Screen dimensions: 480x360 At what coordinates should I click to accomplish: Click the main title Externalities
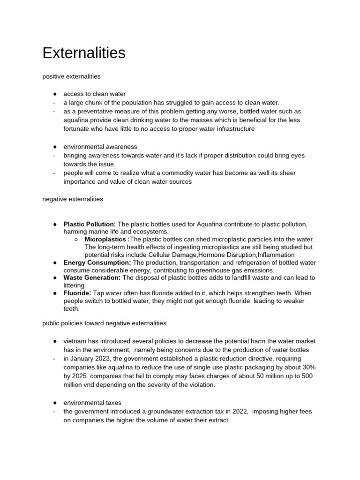(84, 53)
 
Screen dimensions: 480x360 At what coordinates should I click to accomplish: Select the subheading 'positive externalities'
(71, 75)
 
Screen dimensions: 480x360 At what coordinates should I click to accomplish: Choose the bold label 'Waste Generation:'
(92, 278)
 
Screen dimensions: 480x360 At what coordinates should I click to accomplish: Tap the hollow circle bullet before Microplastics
(76, 240)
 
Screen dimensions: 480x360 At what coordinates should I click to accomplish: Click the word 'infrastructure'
(233, 128)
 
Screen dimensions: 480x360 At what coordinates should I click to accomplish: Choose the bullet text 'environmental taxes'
(93, 402)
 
